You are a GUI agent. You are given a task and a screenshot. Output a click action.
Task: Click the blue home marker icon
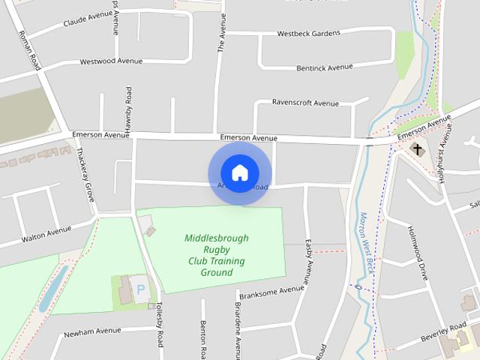(239, 172)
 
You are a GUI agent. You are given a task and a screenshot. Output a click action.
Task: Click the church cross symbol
(418, 149)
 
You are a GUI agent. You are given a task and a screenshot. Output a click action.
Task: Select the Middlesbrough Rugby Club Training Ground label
(216, 255)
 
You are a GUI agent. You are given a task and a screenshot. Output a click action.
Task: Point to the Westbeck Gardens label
(308, 33)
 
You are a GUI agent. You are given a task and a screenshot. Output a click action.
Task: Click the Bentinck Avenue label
(324, 67)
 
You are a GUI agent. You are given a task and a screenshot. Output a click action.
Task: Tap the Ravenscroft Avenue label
(305, 103)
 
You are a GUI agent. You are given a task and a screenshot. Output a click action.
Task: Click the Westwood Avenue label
(110, 61)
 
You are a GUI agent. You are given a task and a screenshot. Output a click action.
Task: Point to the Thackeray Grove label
(84, 174)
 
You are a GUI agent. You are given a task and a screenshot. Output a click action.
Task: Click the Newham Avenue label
(91, 331)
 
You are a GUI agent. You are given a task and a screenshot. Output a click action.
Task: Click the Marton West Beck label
(369, 240)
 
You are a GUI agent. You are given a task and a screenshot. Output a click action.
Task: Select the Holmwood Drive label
(418, 253)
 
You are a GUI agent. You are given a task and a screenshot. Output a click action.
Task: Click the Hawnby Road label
(128, 112)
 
